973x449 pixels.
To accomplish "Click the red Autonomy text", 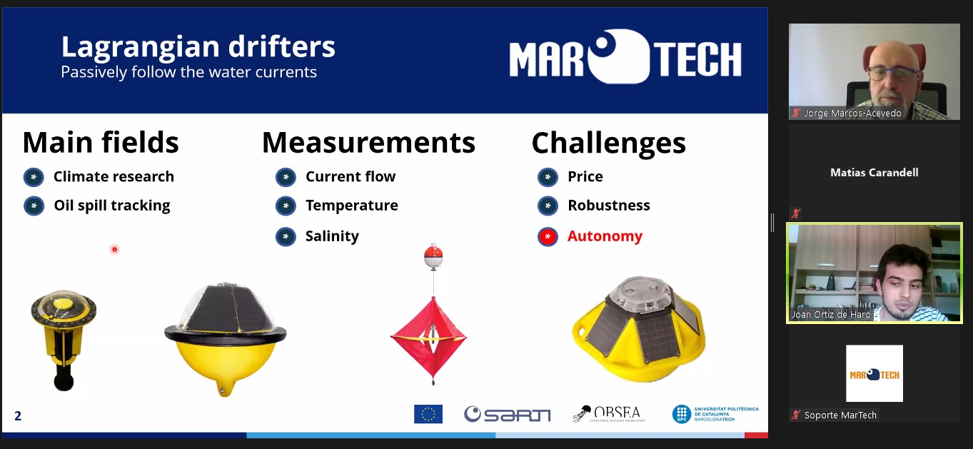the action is point(605,236).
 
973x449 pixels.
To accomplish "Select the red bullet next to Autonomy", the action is point(548,237).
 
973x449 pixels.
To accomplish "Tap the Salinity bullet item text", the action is point(332,236).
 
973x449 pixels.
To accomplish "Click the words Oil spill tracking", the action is point(112,206).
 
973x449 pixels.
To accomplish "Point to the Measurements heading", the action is point(369,143).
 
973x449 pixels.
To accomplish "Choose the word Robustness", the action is point(608,206).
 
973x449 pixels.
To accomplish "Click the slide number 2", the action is point(18,416).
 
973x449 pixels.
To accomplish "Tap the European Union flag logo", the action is point(428,414).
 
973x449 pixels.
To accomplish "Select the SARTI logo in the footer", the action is point(507,414).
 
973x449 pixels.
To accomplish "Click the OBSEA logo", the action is point(609,414).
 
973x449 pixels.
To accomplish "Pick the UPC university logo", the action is point(715,414).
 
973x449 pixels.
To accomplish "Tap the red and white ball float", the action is point(433,256).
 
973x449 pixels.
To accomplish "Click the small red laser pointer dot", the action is point(115,249).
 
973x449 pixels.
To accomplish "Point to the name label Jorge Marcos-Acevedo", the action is point(852,113).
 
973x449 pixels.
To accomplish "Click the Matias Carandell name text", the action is point(874,173).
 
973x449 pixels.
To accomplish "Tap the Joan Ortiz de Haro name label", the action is point(831,314).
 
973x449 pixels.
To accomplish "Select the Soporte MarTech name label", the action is point(840,415).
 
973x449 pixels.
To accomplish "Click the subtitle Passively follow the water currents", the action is point(189,72).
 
